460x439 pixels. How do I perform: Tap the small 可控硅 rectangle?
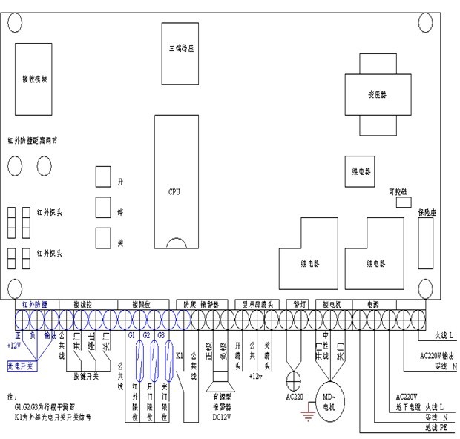pyautogui.click(x=404, y=203)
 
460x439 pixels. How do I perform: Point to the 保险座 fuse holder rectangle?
pyautogui.click(x=425, y=244)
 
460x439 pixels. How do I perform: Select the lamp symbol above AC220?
pyautogui.click(x=295, y=375)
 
